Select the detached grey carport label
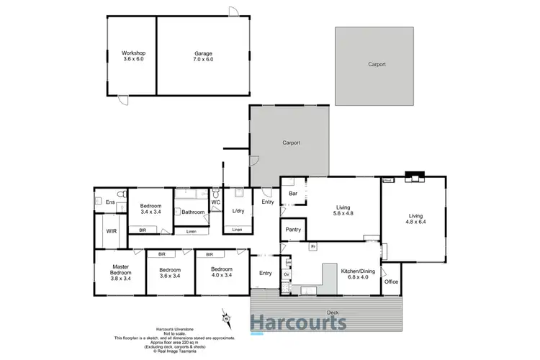(377, 64)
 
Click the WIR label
(112, 231)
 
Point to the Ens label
(110, 202)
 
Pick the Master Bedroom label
(120, 271)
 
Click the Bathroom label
(193, 212)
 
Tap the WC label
(215, 202)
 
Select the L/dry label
(238, 210)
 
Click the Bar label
(293, 194)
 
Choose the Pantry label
(293, 230)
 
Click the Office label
(391, 282)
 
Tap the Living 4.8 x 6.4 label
(415, 219)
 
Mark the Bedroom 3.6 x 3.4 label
(170, 275)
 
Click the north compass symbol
(225, 316)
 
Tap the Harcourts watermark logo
(298, 323)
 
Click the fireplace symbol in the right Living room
(415, 176)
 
